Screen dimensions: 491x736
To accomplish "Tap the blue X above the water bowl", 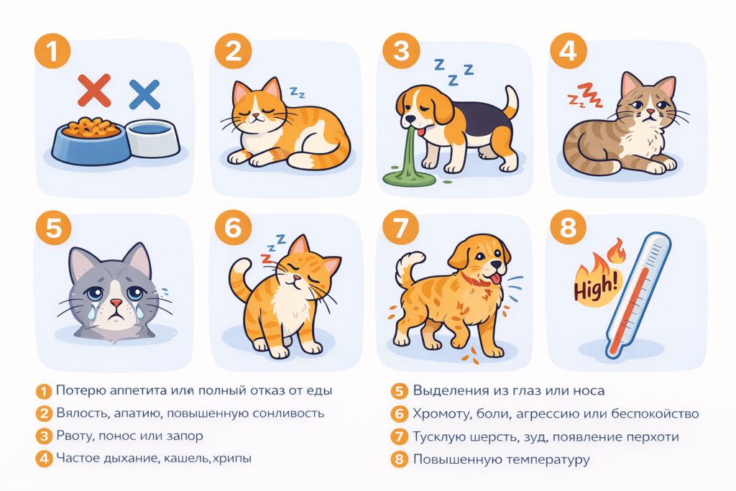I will click(144, 94).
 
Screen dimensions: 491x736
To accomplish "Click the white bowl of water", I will click(152, 138).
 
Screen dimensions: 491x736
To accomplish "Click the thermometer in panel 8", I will click(637, 295).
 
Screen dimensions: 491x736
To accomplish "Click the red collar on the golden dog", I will click(476, 278).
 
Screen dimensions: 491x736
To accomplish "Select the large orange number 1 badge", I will click(54, 51).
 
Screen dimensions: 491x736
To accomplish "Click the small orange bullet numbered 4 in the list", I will click(45, 459).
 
